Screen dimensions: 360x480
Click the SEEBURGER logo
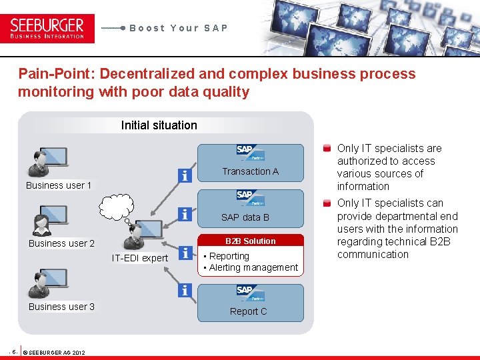click(x=47, y=29)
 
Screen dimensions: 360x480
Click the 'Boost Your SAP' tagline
click(x=179, y=28)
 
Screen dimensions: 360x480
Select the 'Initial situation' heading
click(x=159, y=125)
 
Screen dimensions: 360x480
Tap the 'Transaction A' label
click(x=250, y=171)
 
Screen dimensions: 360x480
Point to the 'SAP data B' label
click(x=245, y=217)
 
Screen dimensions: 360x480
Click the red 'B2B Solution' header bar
click(x=250, y=241)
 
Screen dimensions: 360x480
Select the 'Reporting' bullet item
click(x=229, y=256)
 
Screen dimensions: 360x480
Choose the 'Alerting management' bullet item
click(x=253, y=267)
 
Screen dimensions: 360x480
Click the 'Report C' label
click(x=248, y=311)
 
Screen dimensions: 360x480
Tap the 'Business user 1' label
click(x=59, y=185)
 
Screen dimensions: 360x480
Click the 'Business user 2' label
click(x=61, y=243)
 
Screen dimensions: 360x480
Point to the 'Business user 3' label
click(x=61, y=307)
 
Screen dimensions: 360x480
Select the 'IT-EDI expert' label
click(x=140, y=258)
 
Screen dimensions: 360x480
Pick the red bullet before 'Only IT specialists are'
click(x=327, y=149)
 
